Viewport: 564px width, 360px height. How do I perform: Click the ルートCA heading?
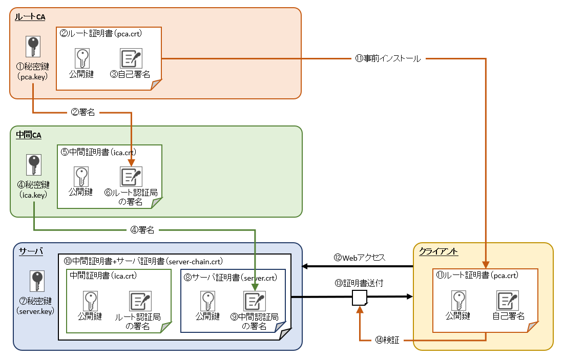point(30,17)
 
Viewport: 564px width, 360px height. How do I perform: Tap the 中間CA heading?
point(29,135)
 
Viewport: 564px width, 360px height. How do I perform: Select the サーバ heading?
point(31,251)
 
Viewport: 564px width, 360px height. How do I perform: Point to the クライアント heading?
point(438,251)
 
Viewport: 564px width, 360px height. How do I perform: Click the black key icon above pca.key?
point(33,47)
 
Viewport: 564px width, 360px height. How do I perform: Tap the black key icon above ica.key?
point(33,165)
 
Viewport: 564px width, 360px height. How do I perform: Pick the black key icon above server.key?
point(36,282)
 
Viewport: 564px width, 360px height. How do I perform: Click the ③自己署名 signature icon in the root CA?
point(131,59)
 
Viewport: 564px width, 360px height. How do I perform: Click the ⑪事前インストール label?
point(388,59)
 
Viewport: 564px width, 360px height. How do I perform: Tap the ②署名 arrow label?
point(82,112)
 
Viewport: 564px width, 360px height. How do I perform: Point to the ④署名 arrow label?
point(142,230)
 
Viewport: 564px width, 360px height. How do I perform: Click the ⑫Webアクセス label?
point(359,258)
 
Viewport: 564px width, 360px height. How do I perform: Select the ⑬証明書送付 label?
point(359,283)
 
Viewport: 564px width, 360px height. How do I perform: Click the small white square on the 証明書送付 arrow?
point(359,298)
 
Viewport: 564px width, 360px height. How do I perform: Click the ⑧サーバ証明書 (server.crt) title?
point(229,278)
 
